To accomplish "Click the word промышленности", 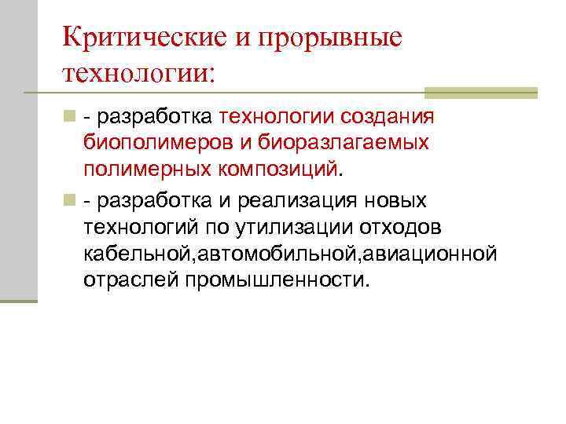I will coord(276,280).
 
